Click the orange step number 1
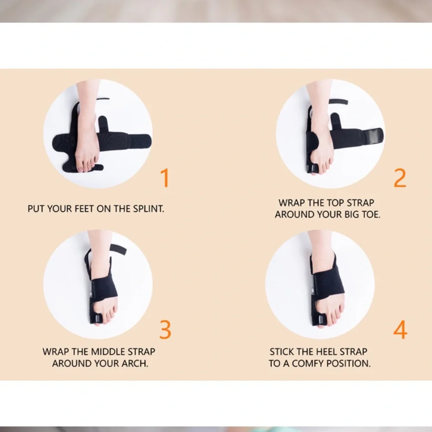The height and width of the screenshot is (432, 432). click(165, 178)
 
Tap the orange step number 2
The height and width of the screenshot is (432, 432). click(400, 178)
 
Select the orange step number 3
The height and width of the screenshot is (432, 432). click(165, 330)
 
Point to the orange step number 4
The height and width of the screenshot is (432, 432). click(400, 330)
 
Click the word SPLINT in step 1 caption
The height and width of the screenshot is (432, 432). click(149, 209)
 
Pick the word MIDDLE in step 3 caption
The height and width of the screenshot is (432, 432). click(104, 352)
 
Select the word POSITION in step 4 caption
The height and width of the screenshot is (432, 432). click(349, 363)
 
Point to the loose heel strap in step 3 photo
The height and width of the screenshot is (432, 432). click(118, 249)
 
